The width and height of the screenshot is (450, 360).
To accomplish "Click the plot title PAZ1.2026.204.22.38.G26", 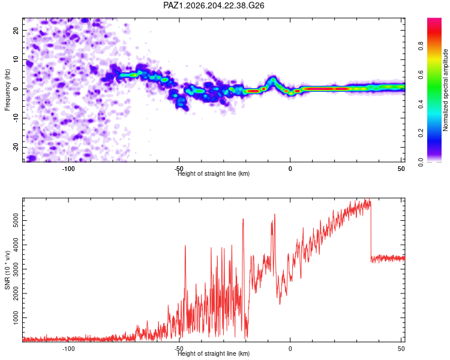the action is click(x=214, y=5).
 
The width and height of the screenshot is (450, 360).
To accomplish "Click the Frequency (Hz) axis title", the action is click(x=7, y=89).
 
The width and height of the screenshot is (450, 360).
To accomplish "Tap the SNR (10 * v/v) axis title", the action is click(x=7, y=270).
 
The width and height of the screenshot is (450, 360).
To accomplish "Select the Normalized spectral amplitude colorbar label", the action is click(x=445, y=90).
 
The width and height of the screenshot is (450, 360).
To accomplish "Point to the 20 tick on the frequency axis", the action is click(x=16, y=30).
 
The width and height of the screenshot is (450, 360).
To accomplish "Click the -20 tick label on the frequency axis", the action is click(x=16, y=148).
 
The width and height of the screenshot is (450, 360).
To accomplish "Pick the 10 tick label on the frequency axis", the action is click(x=16, y=59).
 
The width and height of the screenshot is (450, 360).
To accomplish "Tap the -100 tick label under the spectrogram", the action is click(x=68, y=169).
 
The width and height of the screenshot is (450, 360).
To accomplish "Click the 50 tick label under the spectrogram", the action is click(x=401, y=169).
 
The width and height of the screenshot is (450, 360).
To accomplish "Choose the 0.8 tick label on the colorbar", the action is click(x=421, y=46).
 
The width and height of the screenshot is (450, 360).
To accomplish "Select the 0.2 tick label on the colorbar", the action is click(x=421, y=133).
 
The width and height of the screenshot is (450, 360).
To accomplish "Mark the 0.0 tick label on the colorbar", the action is click(x=421, y=162).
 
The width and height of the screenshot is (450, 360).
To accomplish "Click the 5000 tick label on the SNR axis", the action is click(x=16, y=220).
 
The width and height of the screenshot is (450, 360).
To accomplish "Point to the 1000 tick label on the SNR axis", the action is click(x=16, y=318).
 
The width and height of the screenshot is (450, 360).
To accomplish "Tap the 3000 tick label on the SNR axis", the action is click(x=16, y=269).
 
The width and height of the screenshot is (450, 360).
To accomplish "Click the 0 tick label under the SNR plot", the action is click(x=290, y=349).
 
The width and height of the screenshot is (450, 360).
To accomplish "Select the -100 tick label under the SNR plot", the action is click(x=68, y=349).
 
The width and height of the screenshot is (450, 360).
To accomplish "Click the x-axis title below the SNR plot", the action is click(x=214, y=353).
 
